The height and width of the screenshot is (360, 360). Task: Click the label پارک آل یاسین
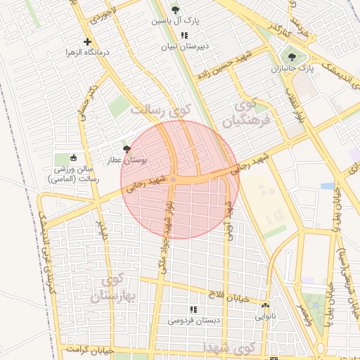pyautogui.click(x=176, y=21)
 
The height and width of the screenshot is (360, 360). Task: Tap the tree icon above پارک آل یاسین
pyautogui.click(x=175, y=10)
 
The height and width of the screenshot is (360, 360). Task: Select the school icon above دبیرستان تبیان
pyautogui.click(x=184, y=36)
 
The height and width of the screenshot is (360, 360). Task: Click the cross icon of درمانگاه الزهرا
pyautogui.click(x=87, y=41)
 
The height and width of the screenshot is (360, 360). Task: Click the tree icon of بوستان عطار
pyautogui.click(x=127, y=149)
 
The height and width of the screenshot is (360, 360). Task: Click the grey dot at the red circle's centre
pyautogui.click(x=173, y=179)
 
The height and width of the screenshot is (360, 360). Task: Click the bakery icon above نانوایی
pyautogui.click(x=264, y=306)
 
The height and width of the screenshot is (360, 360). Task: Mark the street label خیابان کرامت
pyautogui.click(x=91, y=349)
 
